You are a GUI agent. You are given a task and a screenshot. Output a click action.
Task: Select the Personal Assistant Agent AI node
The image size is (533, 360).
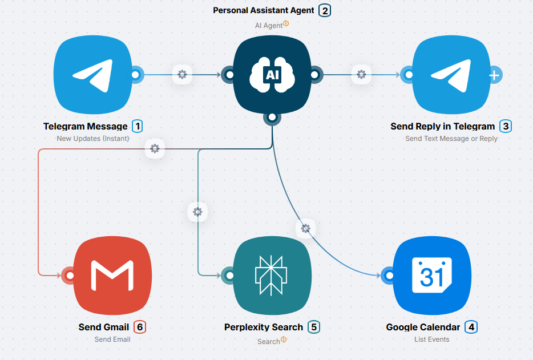(272, 75)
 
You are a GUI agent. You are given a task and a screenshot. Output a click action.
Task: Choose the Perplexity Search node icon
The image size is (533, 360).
(272, 276)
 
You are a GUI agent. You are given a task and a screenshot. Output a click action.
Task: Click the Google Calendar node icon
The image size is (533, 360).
(432, 276)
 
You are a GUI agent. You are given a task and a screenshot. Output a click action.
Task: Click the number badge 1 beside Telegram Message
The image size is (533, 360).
(137, 126)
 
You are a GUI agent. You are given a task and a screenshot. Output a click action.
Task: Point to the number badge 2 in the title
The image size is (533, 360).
(325, 10)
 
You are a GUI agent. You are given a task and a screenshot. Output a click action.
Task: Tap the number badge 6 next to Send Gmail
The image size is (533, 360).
(140, 327)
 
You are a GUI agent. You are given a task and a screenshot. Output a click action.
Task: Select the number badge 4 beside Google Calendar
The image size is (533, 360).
(471, 327)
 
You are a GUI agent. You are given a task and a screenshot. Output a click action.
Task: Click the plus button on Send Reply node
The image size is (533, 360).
(495, 75)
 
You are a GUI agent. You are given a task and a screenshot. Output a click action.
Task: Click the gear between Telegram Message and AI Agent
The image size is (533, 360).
(182, 74)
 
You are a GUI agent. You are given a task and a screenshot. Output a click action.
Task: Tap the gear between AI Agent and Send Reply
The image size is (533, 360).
(361, 74)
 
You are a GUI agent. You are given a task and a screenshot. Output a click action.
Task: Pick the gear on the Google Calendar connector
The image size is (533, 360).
(305, 228)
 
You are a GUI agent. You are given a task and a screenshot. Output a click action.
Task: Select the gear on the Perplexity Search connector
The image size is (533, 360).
(197, 212)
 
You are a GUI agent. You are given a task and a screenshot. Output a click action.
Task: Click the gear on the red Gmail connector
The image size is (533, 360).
(154, 149)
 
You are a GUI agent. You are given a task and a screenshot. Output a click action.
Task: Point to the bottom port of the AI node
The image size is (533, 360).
(272, 117)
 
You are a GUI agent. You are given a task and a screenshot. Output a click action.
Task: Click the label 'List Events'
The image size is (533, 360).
(432, 339)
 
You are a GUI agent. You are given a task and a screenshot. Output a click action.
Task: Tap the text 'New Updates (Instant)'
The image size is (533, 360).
(93, 138)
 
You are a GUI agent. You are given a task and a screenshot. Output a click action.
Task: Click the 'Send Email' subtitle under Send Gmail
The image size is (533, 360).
(112, 339)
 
